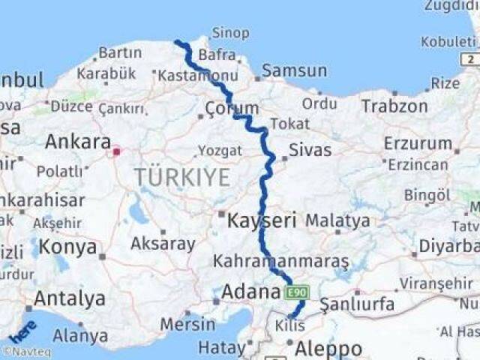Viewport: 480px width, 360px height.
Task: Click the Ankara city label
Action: (78, 142)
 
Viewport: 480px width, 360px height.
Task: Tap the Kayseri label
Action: (262, 221)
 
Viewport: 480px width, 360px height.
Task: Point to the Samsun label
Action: (294, 71)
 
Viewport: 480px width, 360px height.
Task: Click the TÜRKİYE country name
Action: (182, 178)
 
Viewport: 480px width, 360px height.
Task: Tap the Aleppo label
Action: (328, 349)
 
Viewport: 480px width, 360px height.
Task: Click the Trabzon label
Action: (394, 106)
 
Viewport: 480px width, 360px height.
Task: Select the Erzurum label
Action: (418, 142)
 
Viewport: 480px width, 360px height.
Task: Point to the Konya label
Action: (68, 247)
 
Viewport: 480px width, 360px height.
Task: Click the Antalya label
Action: (69, 298)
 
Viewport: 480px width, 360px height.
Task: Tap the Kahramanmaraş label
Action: (280, 262)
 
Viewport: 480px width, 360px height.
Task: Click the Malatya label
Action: (337, 221)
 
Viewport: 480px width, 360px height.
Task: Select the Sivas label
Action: (310, 150)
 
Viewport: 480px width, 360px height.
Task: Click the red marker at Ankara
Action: (116, 151)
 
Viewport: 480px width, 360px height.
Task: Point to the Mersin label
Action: (187, 324)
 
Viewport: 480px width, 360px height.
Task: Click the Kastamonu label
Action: (187, 75)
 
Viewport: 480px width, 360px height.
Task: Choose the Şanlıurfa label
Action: (357, 304)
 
